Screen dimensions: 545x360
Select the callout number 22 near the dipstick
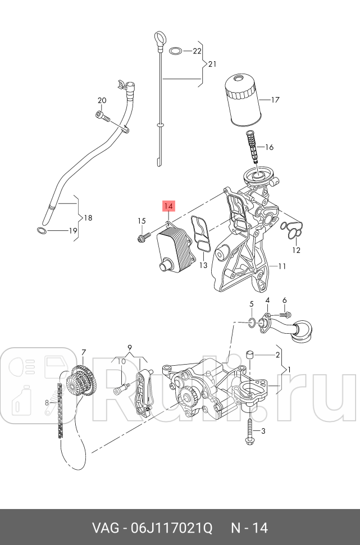click(x=196, y=51)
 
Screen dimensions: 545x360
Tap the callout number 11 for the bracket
click(x=282, y=266)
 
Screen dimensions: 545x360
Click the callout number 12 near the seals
click(x=296, y=250)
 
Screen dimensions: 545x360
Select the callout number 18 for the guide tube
click(x=87, y=218)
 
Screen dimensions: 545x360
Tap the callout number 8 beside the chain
click(x=47, y=402)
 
